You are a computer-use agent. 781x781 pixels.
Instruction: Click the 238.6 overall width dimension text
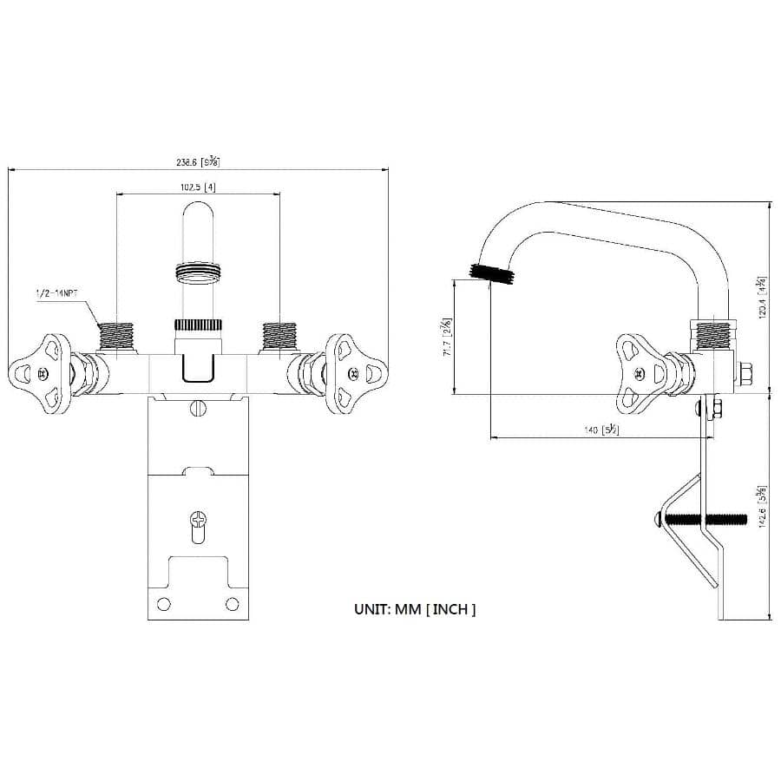(x=197, y=161)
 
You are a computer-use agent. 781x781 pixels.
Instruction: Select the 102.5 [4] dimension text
(x=197, y=187)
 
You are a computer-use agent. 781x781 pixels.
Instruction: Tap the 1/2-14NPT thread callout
(x=56, y=294)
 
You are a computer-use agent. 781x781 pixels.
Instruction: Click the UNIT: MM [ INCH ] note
(x=415, y=609)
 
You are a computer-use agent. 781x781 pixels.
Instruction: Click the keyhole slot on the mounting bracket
(x=199, y=523)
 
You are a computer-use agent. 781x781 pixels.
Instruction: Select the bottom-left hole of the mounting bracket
(x=162, y=604)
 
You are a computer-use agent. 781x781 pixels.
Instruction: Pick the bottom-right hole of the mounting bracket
(x=232, y=604)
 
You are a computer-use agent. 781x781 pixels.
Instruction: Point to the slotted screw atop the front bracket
(x=198, y=404)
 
